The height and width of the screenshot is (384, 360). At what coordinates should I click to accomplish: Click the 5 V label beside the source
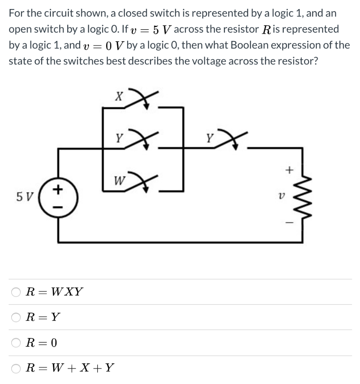[x=25, y=196]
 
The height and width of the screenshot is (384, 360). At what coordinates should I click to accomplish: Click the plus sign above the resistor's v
[x=289, y=171]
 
